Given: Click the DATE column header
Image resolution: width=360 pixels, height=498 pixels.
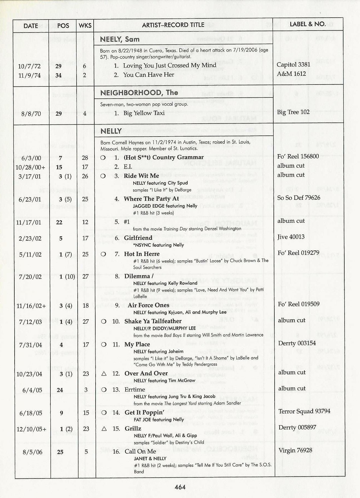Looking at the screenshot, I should [31, 26].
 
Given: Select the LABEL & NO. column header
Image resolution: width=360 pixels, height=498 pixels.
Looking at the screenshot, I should [307, 24].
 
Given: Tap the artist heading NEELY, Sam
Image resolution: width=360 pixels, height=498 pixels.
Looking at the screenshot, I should [120, 39].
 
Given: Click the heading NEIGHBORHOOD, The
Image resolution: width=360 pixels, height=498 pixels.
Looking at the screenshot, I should [139, 93].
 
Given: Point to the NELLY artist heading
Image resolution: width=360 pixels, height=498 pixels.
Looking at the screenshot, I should [111, 131].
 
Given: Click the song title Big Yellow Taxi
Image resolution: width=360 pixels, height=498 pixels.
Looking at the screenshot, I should [144, 113].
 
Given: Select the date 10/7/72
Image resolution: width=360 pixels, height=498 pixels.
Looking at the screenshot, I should [29, 66].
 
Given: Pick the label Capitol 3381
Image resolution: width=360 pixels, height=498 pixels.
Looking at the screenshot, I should [293, 65].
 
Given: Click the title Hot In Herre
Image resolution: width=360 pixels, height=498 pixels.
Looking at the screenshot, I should [142, 254].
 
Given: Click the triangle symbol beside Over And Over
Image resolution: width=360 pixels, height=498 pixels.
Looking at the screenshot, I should [104, 374].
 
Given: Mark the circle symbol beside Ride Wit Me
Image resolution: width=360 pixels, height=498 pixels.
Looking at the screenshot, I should [103, 176].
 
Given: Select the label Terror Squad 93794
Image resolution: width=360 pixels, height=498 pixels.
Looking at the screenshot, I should [304, 411].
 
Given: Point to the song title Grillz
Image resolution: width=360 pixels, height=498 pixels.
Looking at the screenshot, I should [133, 428].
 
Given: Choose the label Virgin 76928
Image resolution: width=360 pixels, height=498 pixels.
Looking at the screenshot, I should [295, 450].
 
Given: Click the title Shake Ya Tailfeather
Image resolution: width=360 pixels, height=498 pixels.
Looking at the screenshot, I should [153, 321].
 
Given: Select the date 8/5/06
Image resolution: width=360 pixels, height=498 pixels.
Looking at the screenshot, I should [33, 452].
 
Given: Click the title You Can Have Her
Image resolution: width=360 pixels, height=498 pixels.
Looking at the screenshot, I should [148, 75].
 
